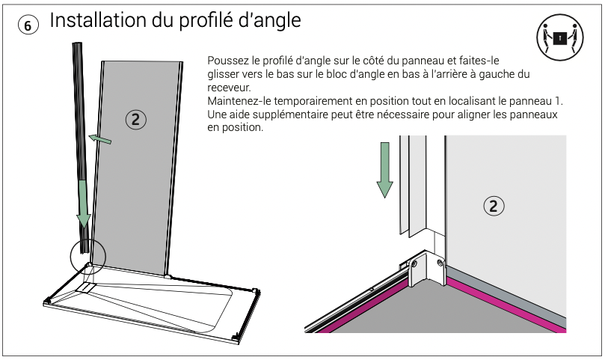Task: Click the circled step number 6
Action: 28,25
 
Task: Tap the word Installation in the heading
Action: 98,20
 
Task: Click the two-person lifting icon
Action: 560,37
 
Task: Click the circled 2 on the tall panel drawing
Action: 136,119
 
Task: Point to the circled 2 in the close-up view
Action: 494,206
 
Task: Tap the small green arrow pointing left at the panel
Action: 100,139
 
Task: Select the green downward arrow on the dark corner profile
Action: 83,204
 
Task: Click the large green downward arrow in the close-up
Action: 384,170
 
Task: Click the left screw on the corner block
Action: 414,265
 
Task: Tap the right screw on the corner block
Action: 440,263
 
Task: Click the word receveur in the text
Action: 229,88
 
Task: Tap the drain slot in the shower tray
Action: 86,287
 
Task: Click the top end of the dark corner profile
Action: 77,43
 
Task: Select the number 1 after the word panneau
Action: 557,101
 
